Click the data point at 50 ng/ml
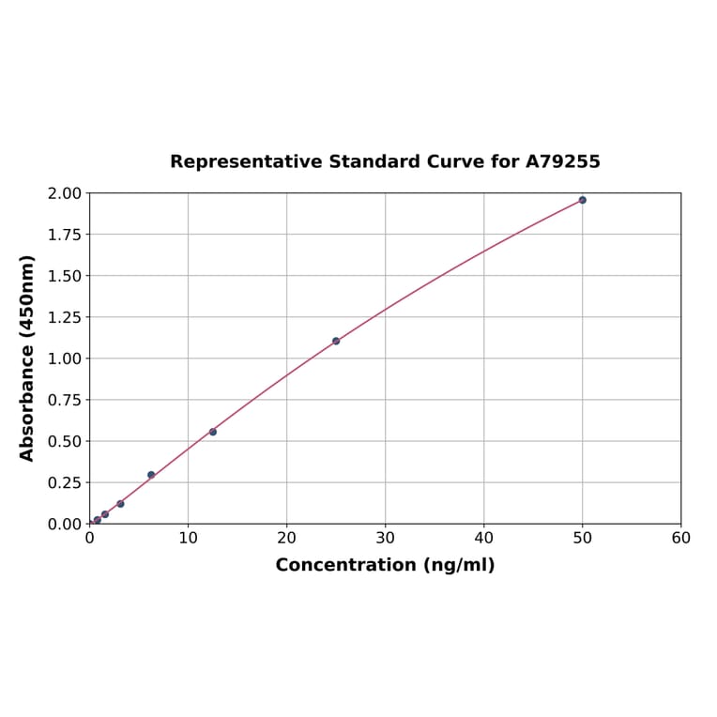(x=582, y=200)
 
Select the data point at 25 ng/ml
(x=336, y=341)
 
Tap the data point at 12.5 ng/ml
(x=213, y=432)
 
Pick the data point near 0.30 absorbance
(x=151, y=475)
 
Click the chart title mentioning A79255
(x=385, y=161)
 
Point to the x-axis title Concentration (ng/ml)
(x=385, y=565)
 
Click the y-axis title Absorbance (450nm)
(x=27, y=358)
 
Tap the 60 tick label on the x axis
(x=680, y=539)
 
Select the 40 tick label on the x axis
(x=483, y=539)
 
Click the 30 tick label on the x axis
(x=385, y=539)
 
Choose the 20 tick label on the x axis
(x=286, y=539)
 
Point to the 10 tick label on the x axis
(x=188, y=539)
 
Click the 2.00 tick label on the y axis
(x=66, y=193)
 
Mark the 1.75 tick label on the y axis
(x=66, y=235)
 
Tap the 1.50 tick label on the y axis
(x=66, y=276)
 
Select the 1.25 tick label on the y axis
(x=66, y=317)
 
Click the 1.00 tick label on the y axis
(x=66, y=358)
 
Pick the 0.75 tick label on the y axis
(x=66, y=400)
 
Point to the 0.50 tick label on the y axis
(x=66, y=441)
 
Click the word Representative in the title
(x=245, y=161)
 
